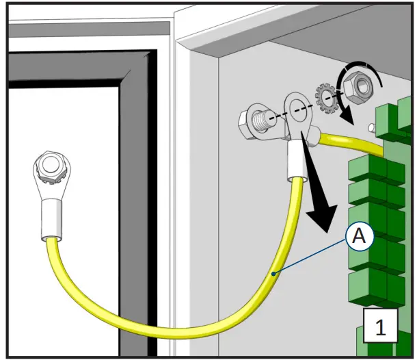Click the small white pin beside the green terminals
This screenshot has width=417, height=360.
pyautogui.click(x=370, y=127)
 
